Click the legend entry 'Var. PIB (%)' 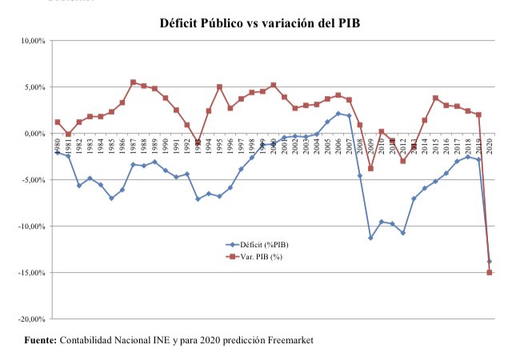[256, 257]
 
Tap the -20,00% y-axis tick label [31, 319]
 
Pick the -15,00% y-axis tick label [31, 273]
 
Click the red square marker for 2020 [489, 273]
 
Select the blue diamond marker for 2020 [489, 262]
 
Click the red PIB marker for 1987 [133, 82]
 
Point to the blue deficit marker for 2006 [338, 114]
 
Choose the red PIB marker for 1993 [198, 142]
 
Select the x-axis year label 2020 [489, 146]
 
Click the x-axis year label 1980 [58, 146]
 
